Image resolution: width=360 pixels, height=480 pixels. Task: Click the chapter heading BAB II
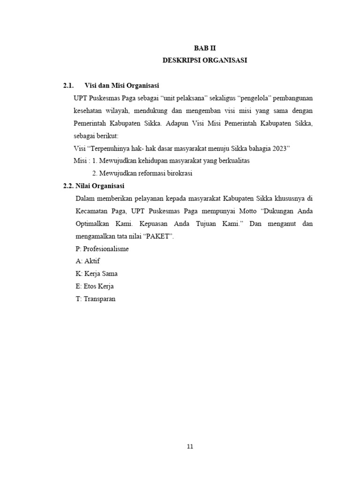[x=205, y=48]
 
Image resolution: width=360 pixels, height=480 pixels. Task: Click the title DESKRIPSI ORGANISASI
[x=205, y=60]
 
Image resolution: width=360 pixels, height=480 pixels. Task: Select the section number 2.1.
[x=69, y=85]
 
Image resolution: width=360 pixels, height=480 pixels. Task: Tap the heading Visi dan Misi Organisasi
[x=122, y=85]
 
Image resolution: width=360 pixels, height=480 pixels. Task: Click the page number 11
[x=190, y=446]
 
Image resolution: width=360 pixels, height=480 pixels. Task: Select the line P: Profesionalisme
[x=102, y=249]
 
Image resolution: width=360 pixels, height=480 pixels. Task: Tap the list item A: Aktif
[x=88, y=261]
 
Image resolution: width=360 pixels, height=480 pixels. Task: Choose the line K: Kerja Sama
[x=96, y=274]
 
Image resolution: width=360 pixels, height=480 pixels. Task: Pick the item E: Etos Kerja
[x=94, y=286]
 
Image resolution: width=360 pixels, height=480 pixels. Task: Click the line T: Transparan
[x=95, y=299]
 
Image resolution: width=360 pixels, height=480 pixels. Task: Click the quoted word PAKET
[x=160, y=236]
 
